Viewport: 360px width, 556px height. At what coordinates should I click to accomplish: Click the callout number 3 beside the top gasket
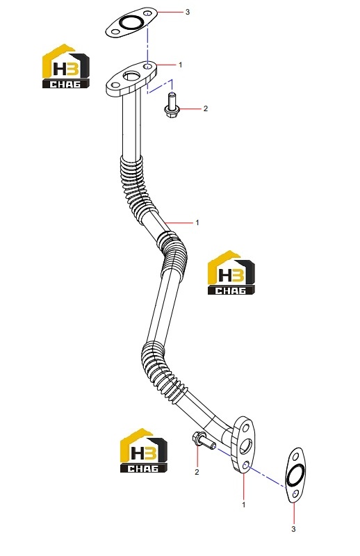point(188,12)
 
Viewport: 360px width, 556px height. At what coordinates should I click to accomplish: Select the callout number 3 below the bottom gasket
point(293,529)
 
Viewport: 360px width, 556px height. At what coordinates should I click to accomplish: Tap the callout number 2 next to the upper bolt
point(206,108)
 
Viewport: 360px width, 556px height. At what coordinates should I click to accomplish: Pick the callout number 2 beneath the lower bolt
point(197,472)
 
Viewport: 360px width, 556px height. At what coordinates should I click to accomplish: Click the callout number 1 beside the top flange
point(181,65)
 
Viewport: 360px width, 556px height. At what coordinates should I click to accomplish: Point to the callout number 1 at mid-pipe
point(197,222)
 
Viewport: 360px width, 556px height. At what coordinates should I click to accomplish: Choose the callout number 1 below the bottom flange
point(244,505)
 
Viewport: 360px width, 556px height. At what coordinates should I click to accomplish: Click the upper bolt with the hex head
point(172,105)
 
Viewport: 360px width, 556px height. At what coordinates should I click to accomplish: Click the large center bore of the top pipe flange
point(132,76)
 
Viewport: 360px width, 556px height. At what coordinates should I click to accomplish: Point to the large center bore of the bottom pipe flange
point(246,445)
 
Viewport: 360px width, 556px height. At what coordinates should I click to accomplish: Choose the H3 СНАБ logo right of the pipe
point(231,272)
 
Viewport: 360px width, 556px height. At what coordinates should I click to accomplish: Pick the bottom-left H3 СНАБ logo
point(144,450)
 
